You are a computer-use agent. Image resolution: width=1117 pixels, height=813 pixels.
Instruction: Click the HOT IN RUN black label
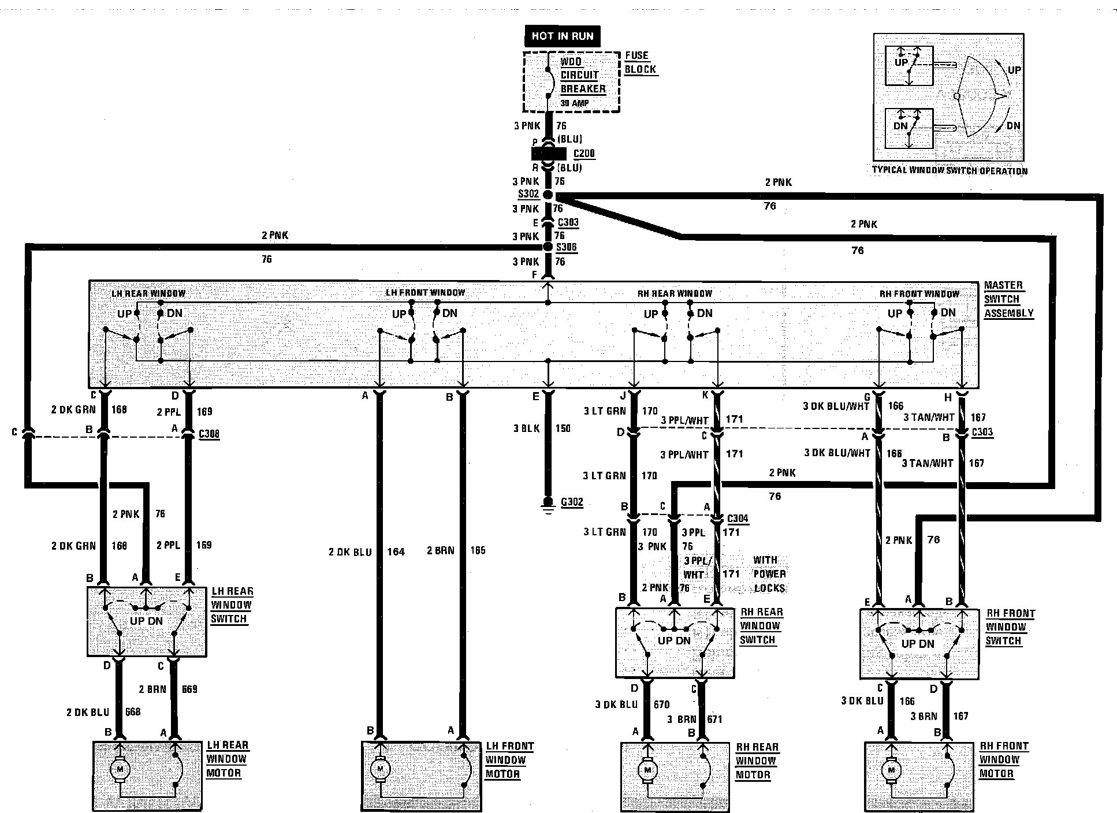coord(562,36)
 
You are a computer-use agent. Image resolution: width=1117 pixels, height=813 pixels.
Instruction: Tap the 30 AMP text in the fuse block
coord(575,103)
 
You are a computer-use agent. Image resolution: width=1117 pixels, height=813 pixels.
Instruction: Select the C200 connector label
coord(584,154)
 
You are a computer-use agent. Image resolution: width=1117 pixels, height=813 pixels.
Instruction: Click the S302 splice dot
coord(548,195)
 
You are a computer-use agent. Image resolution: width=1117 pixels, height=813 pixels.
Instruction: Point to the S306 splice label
coord(566,248)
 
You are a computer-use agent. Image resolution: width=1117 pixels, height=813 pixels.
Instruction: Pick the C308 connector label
coord(208,434)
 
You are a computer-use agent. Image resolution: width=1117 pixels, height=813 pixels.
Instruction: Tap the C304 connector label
coord(738,519)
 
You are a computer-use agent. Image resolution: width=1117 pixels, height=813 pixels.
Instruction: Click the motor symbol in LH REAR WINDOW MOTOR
coord(121,769)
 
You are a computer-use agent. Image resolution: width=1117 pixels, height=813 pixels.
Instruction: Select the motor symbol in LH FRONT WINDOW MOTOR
coord(379,769)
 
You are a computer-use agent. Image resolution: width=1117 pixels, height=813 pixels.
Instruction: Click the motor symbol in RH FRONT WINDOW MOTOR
coord(892,770)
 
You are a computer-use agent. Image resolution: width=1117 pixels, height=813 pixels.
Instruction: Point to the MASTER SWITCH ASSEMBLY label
coord(1008,299)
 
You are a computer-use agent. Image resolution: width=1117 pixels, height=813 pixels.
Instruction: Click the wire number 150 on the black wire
coord(563,428)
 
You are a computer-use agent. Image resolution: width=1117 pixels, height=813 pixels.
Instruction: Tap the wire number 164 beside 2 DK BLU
coord(396,552)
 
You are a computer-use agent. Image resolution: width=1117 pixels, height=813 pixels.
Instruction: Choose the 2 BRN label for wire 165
coord(441,551)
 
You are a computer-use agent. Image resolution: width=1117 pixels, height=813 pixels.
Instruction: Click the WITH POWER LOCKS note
coord(769,574)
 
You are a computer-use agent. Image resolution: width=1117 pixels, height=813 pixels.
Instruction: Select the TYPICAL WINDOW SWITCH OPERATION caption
coord(950,170)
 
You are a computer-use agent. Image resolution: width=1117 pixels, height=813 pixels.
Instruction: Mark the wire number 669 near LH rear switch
coord(189,689)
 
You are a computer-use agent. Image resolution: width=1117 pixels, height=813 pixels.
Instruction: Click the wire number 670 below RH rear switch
coord(661,704)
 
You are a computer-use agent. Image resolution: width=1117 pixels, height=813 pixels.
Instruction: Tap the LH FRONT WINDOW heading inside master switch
coord(425,293)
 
